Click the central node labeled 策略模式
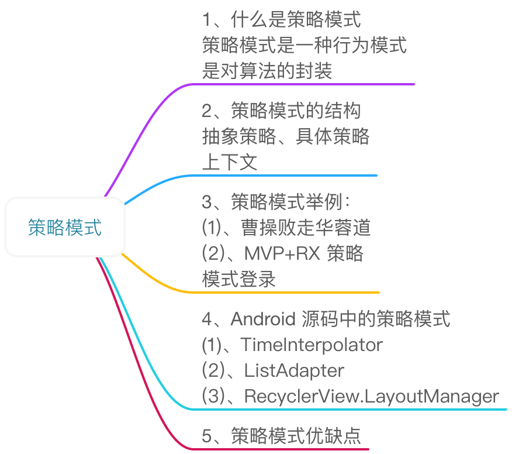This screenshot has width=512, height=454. click(x=65, y=228)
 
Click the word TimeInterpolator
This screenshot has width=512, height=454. click(x=312, y=345)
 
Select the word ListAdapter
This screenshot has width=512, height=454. click(x=294, y=371)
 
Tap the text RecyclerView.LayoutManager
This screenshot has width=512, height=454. click(x=372, y=397)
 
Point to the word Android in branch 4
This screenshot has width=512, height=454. click(x=264, y=319)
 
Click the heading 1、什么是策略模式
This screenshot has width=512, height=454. click(x=281, y=20)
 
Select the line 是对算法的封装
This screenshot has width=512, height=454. click(x=267, y=71)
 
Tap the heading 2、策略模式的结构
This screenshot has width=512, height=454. click(x=281, y=111)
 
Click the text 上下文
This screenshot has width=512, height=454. click(x=229, y=162)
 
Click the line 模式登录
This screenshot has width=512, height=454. click(x=238, y=279)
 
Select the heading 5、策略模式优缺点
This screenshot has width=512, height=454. click(x=281, y=436)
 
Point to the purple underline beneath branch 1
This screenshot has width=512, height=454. click(x=304, y=84)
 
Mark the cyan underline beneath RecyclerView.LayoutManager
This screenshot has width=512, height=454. click(x=351, y=409)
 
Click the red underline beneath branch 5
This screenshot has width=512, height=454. click(x=281, y=449)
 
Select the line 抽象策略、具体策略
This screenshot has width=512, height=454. click(x=286, y=136)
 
